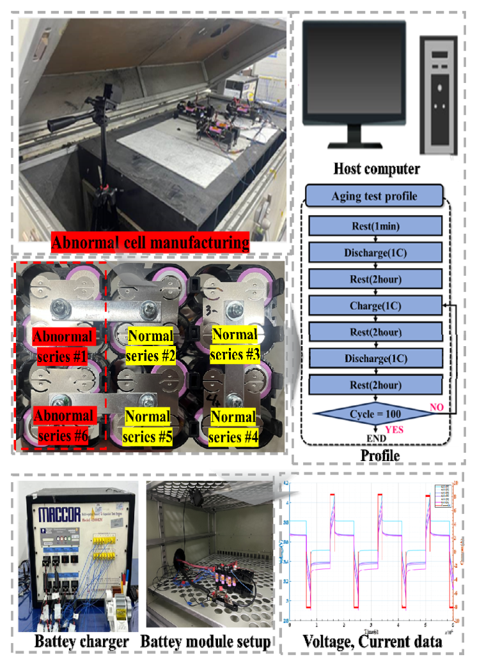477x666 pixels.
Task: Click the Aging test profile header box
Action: click(373, 196)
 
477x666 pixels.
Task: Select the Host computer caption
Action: click(376, 169)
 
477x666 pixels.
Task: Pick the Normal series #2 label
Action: click(152, 345)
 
